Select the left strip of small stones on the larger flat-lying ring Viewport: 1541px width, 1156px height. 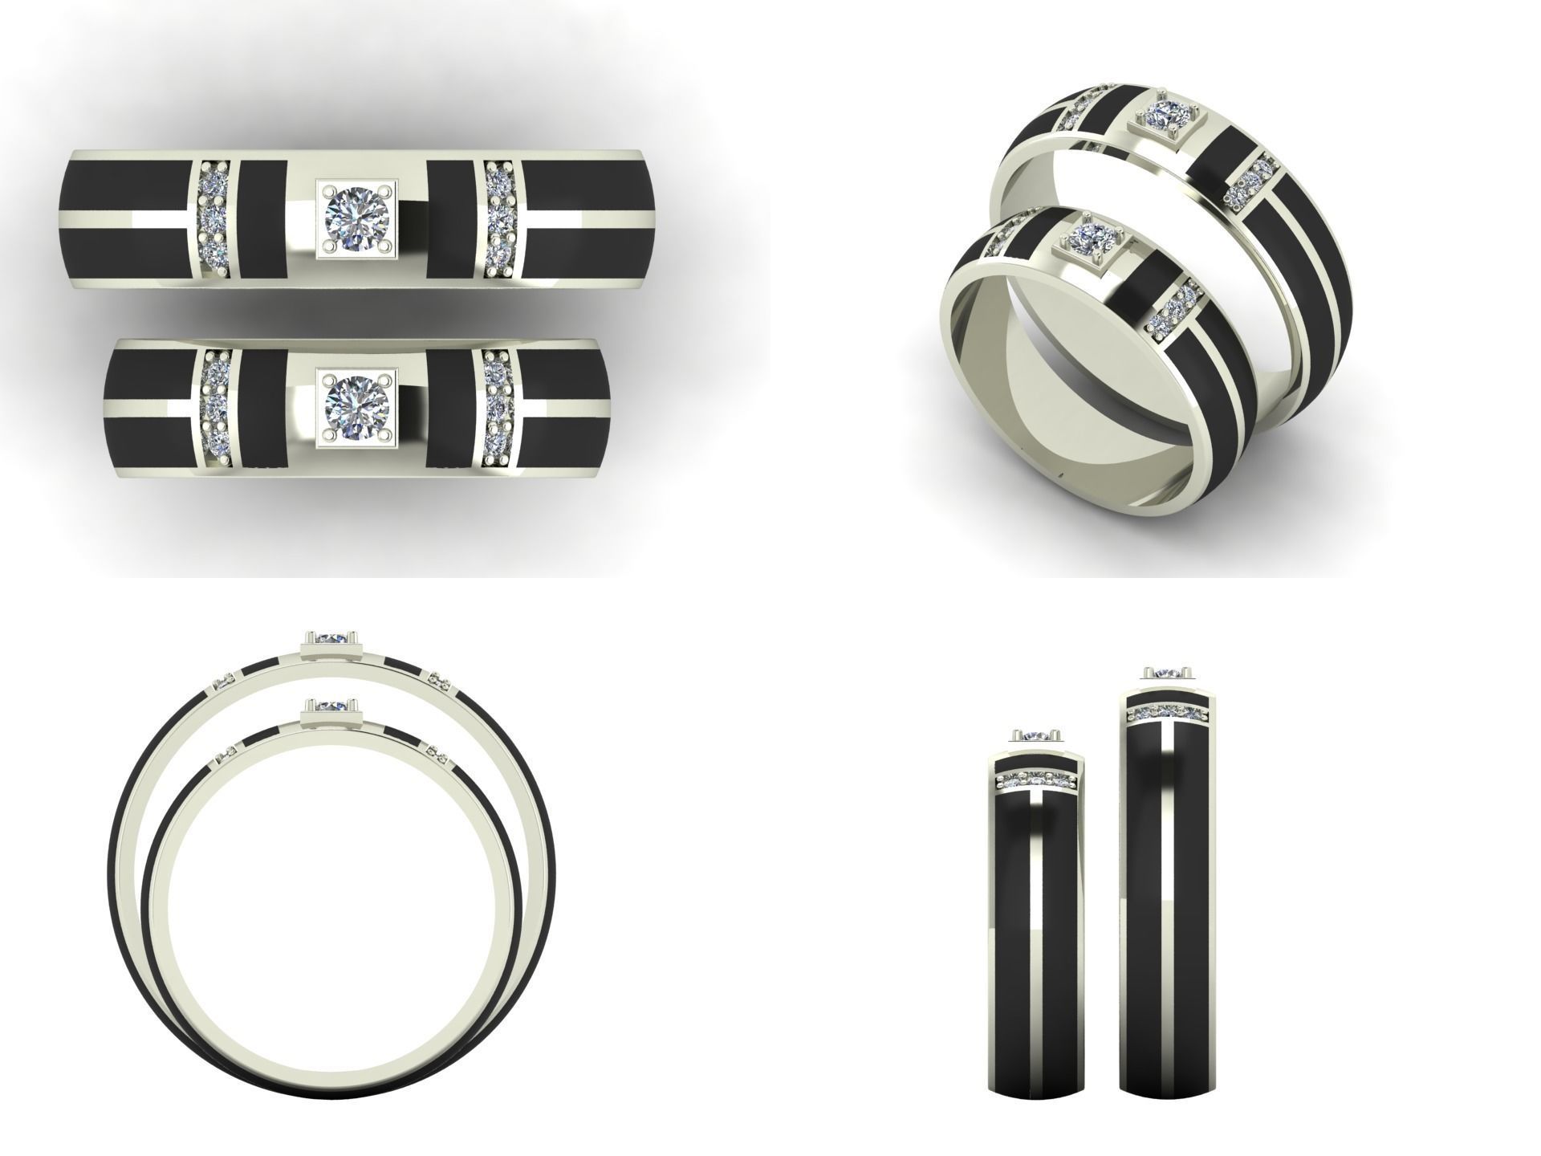point(213,218)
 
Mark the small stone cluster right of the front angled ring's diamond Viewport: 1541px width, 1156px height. point(1173,310)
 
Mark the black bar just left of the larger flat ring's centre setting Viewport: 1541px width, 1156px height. point(263,218)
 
